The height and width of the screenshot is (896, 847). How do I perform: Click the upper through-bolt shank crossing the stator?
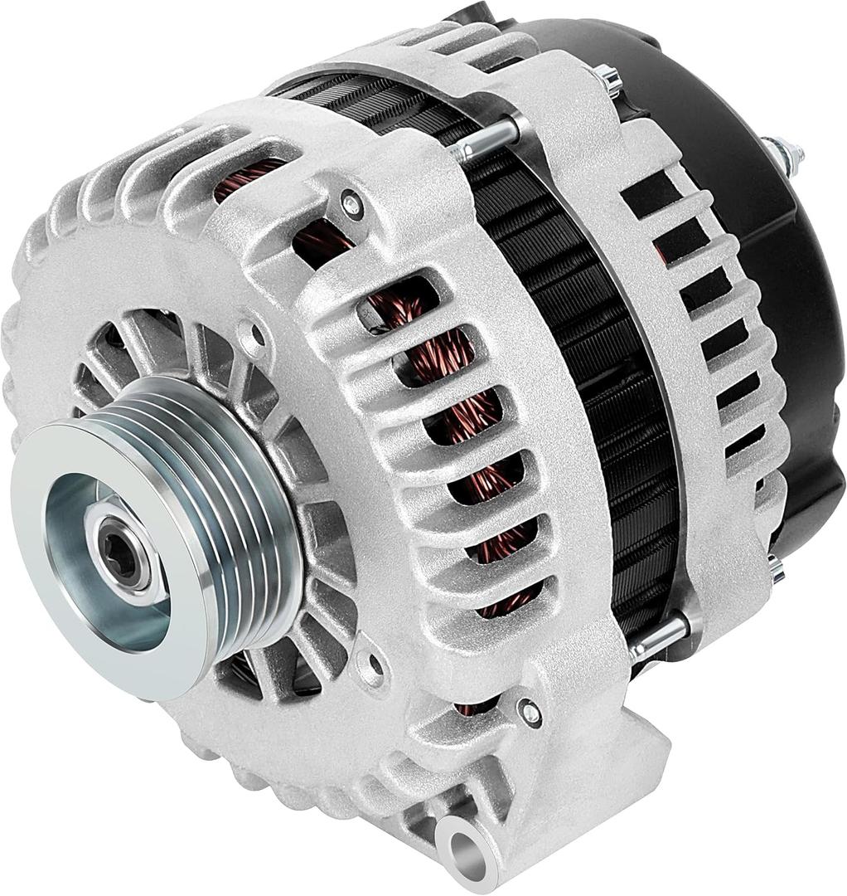[x=489, y=139]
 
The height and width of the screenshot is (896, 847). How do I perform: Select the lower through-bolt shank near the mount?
[x=659, y=634]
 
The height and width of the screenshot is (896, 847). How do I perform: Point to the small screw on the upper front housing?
[x=352, y=201]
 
